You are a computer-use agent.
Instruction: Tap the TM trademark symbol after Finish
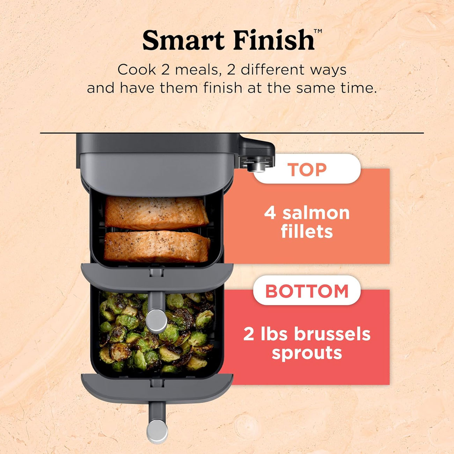tap(318, 31)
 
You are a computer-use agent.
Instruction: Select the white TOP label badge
tap(307, 169)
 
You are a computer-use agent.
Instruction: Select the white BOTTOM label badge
tap(307, 291)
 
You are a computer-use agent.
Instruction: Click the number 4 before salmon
tap(270, 213)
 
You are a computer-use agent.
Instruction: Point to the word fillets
tap(307, 231)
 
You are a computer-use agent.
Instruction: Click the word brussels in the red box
tap(332, 334)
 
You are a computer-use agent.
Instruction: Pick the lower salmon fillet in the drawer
tap(157, 247)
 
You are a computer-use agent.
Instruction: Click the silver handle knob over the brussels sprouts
tap(156, 321)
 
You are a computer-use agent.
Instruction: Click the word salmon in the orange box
tap(316, 213)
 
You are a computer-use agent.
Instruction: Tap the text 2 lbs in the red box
tap(265, 334)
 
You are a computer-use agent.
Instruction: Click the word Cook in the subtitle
tap(137, 70)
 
